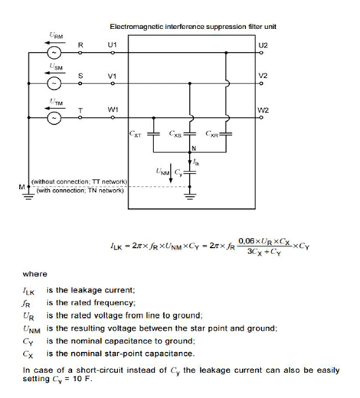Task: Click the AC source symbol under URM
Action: [54, 53]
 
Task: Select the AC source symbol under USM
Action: [54, 83]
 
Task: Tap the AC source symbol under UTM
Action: [54, 118]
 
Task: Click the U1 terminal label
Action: [112, 45]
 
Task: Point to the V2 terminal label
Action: [263, 76]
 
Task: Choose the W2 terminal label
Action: [263, 110]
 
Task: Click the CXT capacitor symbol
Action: [153, 133]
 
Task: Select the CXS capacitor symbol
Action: [189, 133]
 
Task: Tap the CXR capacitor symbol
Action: [226, 133]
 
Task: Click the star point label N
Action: [194, 148]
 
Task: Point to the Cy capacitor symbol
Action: [189, 172]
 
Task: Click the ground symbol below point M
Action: [28, 196]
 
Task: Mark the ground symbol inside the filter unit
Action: [189, 197]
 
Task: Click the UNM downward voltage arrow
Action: [171, 173]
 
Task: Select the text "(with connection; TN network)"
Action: [80, 191]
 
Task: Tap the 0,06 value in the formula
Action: [246, 241]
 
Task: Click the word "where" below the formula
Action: [35, 274]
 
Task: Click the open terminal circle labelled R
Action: [80, 53]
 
